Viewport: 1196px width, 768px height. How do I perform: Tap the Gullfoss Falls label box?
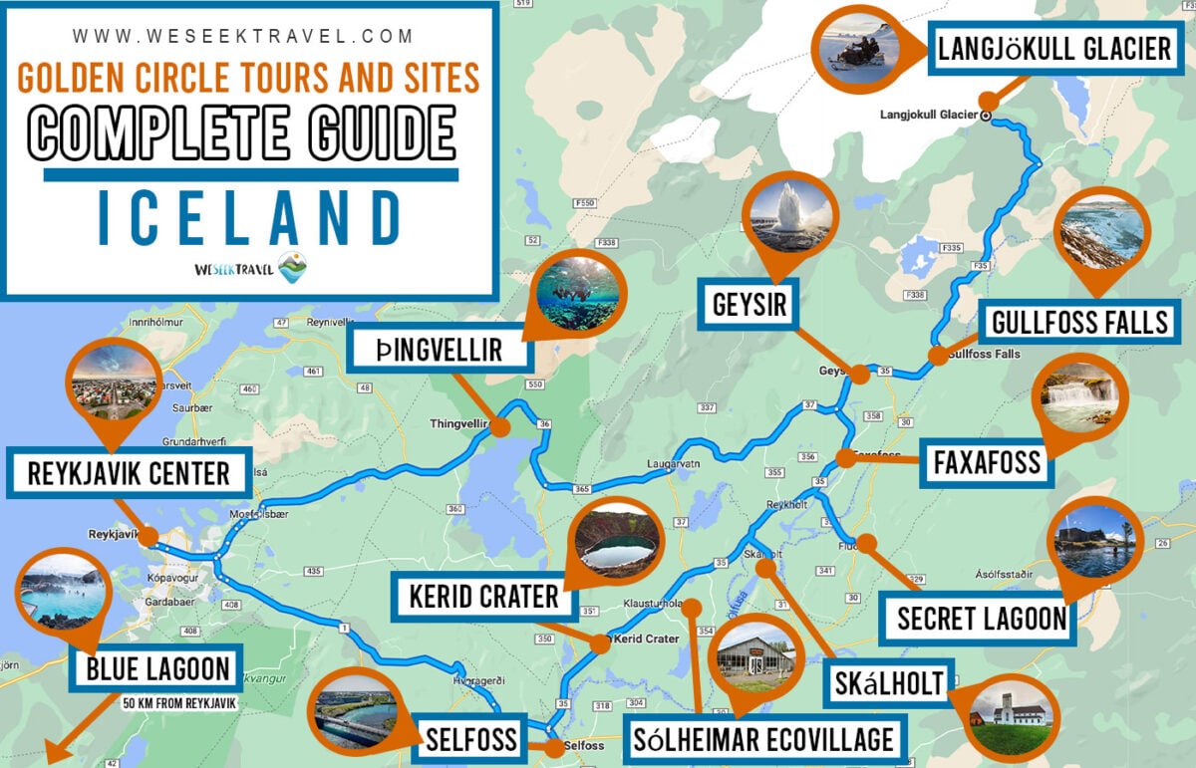pos(1079,323)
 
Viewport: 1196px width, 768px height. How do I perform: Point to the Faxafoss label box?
pos(987,462)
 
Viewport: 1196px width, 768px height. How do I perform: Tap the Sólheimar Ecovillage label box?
pos(763,740)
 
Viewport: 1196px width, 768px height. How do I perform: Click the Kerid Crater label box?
pos(483,597)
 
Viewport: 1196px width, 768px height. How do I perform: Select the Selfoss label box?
pos(470,739)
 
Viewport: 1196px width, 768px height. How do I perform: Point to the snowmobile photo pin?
pos(858,47)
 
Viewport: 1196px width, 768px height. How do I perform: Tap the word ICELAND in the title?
pos(249,218)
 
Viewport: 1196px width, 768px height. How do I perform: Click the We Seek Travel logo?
pos(249,268)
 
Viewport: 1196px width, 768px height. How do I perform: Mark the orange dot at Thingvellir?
pos(500,427)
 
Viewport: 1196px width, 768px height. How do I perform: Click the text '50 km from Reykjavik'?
pos(179,703)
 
